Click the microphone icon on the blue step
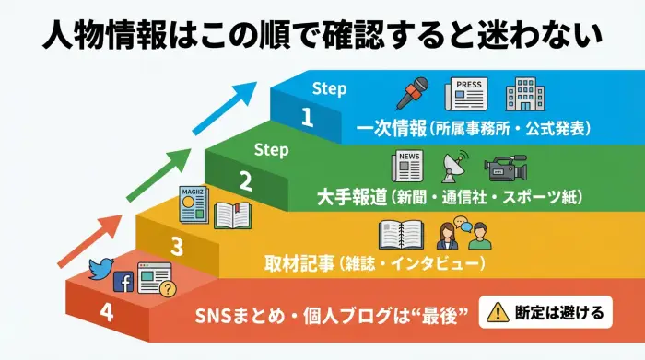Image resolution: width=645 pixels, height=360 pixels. pyautogui.click(x=413, y=94)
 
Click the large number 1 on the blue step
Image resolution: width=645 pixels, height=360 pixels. pyautogui.click(x=307, y=117)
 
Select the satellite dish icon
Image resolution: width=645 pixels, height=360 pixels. pyautogui.click(x=451, y=167)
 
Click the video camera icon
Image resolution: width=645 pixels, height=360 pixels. pyautogui.click(x=505, y=167)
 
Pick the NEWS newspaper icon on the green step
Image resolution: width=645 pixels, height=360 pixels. pyautogui.click(x=406, y=166)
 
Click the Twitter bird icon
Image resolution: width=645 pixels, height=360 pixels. pyautogui.click(x=99, y=270)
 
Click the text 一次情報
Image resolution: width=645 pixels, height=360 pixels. pyautogui.click(x=388, y=127)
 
